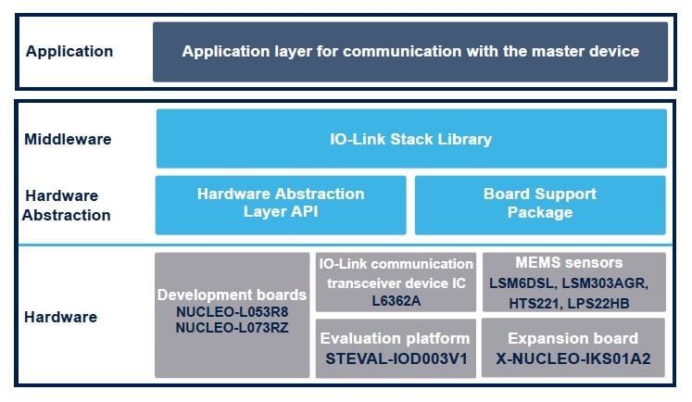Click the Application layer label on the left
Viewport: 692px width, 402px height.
[x=69, y=52]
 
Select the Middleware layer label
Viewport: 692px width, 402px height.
[x=69, y=140]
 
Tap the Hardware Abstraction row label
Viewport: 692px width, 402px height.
[x=69, y=206]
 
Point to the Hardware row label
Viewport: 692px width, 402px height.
[x=61, y=316]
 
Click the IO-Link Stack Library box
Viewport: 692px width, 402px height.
[x=410, y=139]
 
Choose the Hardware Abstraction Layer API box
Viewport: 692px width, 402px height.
[x=280, y=203]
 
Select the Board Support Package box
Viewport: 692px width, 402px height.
[x=539, y=203]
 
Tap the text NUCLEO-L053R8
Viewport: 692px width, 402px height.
[x=232, y=311]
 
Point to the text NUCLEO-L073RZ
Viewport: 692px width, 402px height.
[x=232, y=328]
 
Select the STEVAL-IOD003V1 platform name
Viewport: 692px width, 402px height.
[x=396, y=358]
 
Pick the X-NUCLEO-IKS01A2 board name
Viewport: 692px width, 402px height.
[x=573, y=358]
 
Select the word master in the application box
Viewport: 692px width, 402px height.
[x=528, y=52]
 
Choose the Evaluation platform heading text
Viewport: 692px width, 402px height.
[x=396, y=338]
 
